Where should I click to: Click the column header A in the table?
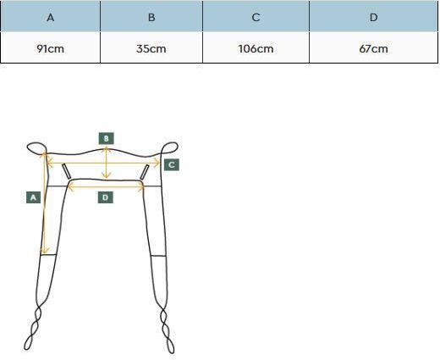pyautogui.click(x=50, y=16)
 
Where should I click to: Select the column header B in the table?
pyautogui.click(x=151, y=16)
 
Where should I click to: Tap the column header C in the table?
pyautogui.click(x=256, y=16)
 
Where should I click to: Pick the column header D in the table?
pyautogui.click(x=374, y=16)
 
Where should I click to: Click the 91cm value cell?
pyautogui.click(x=50, y=47)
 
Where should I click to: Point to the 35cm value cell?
pyautogui.click(x=151, y=47)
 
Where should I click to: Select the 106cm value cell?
pyautogui.click(x=256, y=47)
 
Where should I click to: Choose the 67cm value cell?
pyautogui.click(x=374, y=47)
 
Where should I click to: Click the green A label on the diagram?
pyautogui.click(x=33, y=197)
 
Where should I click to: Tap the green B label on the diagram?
pyautogui.click(x=107, y=138)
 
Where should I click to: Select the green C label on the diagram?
pyautogui.click(x=172, y=164)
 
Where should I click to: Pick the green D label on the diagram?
pyautogui.click(x=106, y=197)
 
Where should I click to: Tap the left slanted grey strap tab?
pyautogui.click(x=67, y=171)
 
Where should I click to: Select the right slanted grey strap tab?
pyautogui.click(x=145, y=172)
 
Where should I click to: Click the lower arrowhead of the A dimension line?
pyautogui.click(x=45, y=251)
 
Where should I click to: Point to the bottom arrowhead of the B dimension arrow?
pyautogui.click(x=106, y=175)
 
